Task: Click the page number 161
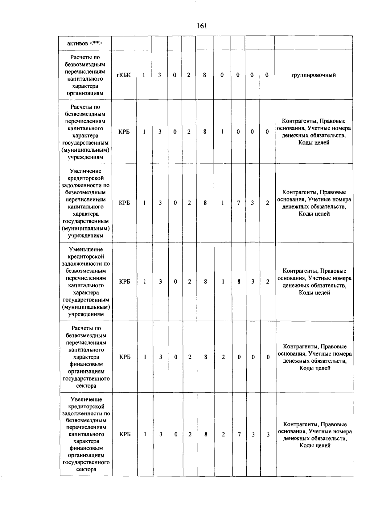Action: click(x=202, y=26)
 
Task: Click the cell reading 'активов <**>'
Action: click(x=85, y=43)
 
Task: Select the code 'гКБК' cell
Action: click(x=124, y=75)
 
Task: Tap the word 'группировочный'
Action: click(x=314, y=75)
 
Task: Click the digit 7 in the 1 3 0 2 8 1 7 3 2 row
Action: click(x=238, y=203)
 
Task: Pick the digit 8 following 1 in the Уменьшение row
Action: click(x=239, y=282)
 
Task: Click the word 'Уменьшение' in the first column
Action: click(x=86, y=250)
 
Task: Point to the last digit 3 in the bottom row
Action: click(x=268, y=435)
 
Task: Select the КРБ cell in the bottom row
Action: click(x=125, y=434)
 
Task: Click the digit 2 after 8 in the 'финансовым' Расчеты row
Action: click(x=223, y=357)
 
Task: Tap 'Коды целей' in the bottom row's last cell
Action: click(x=315, y=445)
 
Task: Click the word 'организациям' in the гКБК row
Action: click(x=85, y=93)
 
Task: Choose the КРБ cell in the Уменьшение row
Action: click(x=125, y=282)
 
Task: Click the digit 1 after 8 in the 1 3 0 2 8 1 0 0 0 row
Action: click(x=222, y=132)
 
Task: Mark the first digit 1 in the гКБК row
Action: click(x=144, y=75)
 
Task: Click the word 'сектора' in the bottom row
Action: click(x=86, y=469)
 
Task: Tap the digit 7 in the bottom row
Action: click(x=239, y=434)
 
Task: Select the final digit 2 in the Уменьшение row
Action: click(x=268, y=282)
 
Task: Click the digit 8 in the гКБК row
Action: click(x=204, y=75)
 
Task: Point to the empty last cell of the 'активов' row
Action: click(x=314, y=43)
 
